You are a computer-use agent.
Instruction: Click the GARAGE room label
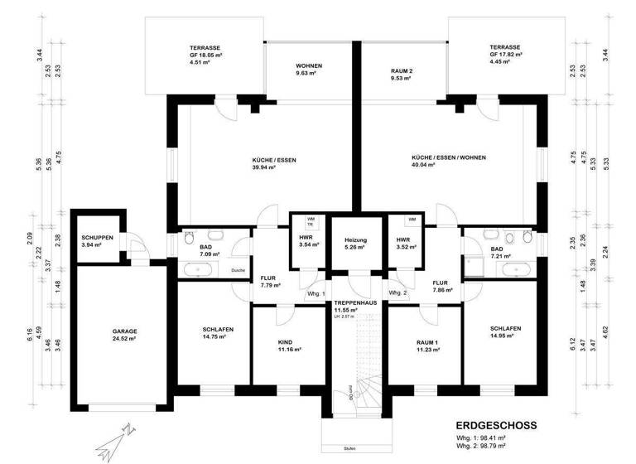pyautogui.click(x=125, y=331)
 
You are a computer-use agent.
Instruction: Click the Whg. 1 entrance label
pyautogui.click(x=316, y=293)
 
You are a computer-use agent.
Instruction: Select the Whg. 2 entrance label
pyautogui.click(x=398, y=293)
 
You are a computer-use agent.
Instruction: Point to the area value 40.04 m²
pyautogui.click(x=448, y=167)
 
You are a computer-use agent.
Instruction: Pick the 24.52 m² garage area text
pyautogui.click(x=125, y=340)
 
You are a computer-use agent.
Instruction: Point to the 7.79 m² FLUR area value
pyautogui.click(x=271, y=285)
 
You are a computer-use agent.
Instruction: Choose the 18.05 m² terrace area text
pyautogui.click(x=205, y=55)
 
